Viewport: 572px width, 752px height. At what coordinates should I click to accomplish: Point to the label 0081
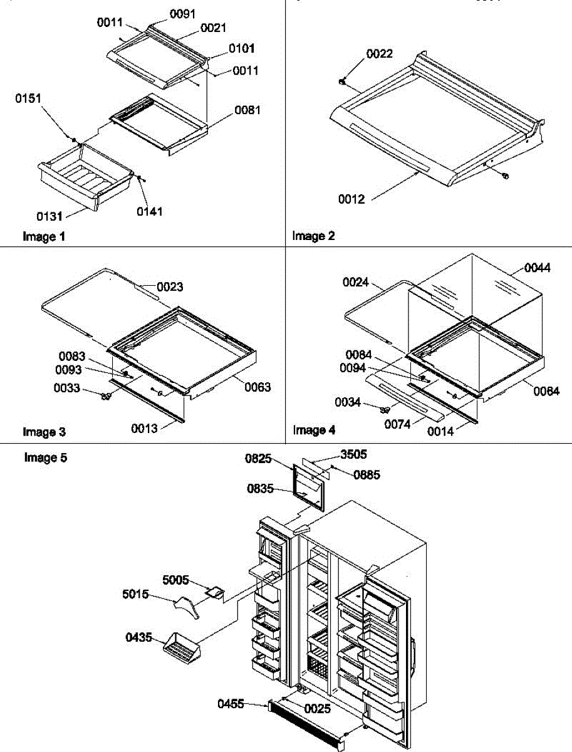click(248, 110)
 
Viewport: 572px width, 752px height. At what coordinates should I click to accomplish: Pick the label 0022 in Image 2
click(380, 55)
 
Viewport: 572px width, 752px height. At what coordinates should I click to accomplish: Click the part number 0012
click(351, 200)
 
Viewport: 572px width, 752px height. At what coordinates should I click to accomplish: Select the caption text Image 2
click(313, 236)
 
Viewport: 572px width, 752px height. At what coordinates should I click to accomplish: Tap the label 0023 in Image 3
click(170, 287)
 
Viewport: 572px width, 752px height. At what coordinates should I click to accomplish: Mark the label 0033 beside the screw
click(66, 389)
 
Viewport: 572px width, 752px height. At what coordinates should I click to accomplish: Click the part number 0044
click(538, 268)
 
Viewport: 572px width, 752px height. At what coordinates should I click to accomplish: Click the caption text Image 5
click(45, 457)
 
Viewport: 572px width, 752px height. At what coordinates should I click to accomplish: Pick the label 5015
click(136, 593)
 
